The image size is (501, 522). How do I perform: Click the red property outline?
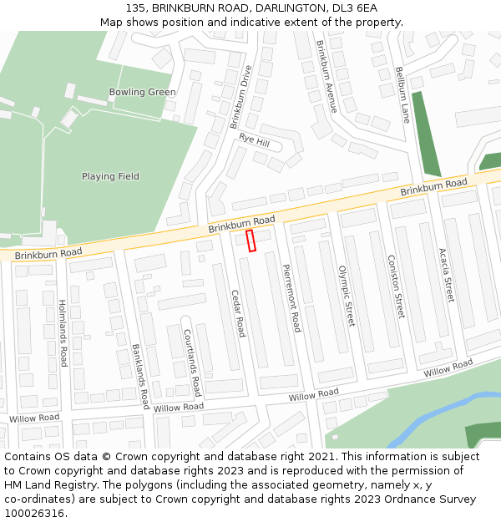coord(250,241)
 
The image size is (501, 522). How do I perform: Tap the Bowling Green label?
coord(142,92)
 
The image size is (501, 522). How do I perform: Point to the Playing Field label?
coord(110,176)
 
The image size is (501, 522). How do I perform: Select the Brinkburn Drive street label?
coord(240,98)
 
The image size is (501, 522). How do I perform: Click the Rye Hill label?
coord(255,140)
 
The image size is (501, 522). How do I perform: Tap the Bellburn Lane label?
coord(403,94)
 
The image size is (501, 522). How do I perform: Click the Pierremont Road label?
coord(291,298)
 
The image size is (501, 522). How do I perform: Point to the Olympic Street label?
coord(347,296)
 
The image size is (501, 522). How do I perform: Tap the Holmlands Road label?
coord(63,333)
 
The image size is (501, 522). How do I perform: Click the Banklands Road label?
coord(139,370)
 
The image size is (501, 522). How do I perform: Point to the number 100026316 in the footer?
coord(33,513)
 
